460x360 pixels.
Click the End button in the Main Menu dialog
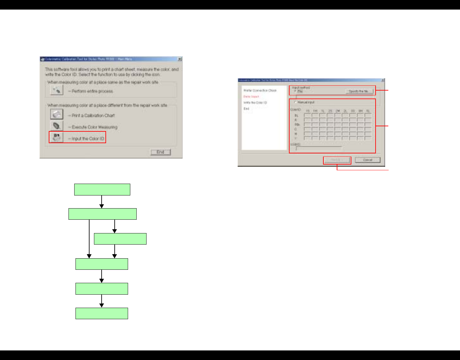(x=160, y=152)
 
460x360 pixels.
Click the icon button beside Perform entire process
(x=57, y=91)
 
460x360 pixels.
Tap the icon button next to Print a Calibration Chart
(x=57, y=114)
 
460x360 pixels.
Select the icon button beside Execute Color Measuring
(x=57, y=126)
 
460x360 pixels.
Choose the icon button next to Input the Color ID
(x=57, y=138)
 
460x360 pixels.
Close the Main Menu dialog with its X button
(x=180, y=59)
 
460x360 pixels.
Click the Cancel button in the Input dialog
(x=368, y=160)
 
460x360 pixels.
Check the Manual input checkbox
(x=296, y=102)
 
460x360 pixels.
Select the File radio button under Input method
(x=296, y=92)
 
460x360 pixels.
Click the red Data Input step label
(x=251, y=97)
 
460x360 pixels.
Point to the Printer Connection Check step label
(x=260, y=91)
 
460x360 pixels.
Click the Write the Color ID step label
(x=255, y=103)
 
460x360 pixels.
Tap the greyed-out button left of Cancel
(x=337, y=160)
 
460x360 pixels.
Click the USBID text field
(x=319, y=148)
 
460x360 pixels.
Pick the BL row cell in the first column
(x=307, y=115)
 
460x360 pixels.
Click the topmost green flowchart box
(x=102, y=189)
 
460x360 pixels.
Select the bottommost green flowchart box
(x=102, y=313)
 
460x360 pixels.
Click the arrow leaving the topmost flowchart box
(x=102, y=202)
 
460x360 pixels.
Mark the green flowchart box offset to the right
(x=120, y=239)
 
